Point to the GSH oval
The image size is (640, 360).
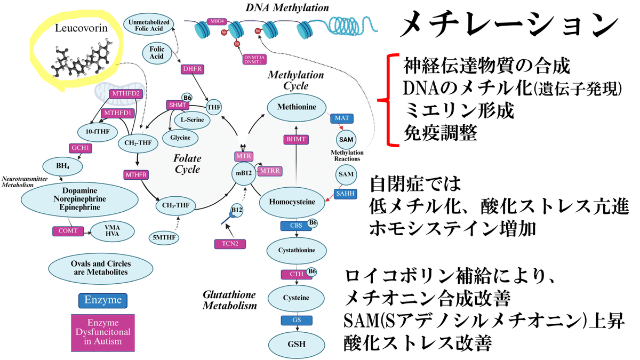click(x=296, y=343)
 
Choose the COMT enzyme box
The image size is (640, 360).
click(x=68, y=231)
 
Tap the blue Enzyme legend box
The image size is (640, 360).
click(x=103, y=300)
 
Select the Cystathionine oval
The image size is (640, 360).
click(x=296, y=250)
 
